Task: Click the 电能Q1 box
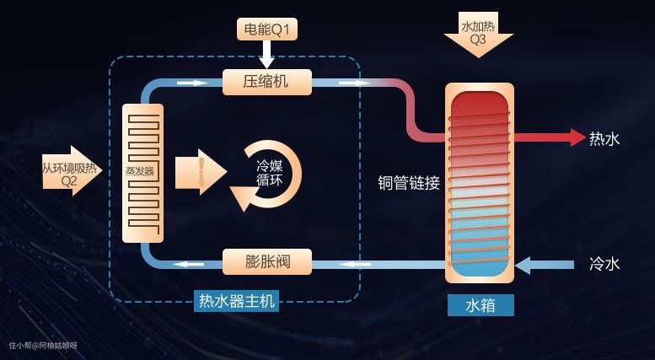pyautogui.click(x=267, y=30)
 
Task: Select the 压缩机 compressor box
pyautogui.click(x=267, y=82)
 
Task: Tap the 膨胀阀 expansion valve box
pyautogui.click(x=267, y=261)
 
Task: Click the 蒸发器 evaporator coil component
pyautogui.click(x=142, y=173)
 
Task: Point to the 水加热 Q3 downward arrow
pyautogui.click(x=478, y=34)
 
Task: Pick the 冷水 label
pyautogui.click(x=604, y=264)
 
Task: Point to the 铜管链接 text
pyautogui.click(x=410, y=183)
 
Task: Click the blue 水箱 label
pyautogui.click(x=481, y=304)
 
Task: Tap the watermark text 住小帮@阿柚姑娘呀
pyautogui.click(x=43, y=345)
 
